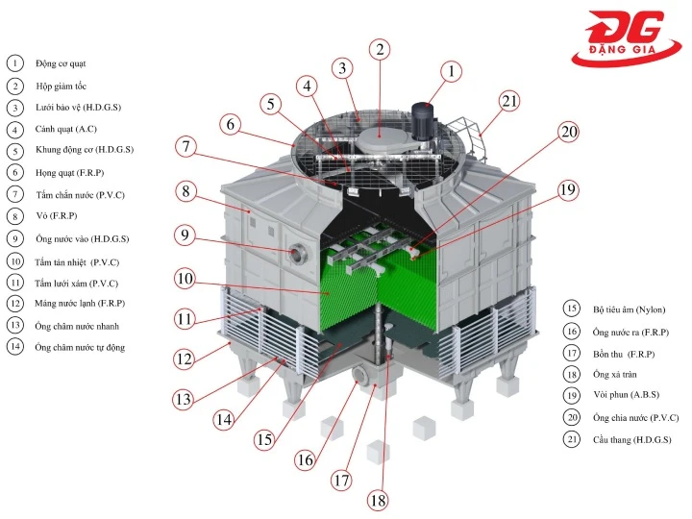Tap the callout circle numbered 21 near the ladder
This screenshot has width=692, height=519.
click(509, 100)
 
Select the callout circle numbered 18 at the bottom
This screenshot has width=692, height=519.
click(378, 500)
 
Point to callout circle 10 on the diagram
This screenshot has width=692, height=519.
click(185, 281)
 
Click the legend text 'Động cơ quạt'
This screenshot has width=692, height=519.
click(61, 63)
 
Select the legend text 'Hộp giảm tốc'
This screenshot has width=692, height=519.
click(62, 86)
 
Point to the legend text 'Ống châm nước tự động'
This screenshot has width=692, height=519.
click(80, 347)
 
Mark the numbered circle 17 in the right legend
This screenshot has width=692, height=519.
click(572, 353)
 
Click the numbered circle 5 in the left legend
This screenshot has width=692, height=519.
click(14, 151)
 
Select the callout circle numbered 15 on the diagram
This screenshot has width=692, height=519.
click(265, 439)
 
